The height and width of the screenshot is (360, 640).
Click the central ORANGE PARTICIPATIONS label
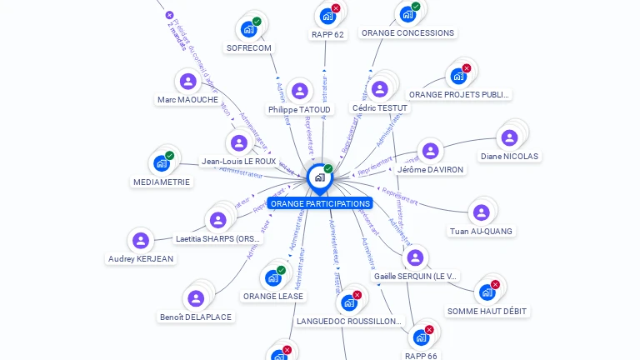320,203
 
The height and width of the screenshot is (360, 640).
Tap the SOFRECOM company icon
248,29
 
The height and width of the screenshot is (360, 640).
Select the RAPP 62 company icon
327,16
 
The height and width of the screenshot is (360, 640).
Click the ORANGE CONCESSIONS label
407,32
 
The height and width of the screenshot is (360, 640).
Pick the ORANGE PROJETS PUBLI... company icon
458,76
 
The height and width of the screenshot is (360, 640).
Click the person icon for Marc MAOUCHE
188,81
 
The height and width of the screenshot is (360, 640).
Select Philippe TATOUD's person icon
300,91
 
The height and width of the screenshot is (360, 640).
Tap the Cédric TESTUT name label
380,108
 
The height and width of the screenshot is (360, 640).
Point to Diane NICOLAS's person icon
508,137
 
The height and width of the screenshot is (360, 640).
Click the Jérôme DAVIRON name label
430,169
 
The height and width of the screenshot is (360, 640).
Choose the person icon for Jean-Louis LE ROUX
239,142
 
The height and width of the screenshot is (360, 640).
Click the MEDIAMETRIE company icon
161,163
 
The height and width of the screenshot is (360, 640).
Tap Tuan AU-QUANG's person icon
481,212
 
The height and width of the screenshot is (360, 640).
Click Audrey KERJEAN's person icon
141,240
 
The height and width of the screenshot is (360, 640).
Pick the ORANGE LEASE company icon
272,277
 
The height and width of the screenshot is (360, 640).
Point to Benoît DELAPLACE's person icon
196,298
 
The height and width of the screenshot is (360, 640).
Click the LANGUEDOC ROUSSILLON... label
349,321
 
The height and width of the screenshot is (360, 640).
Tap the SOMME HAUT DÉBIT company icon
486,292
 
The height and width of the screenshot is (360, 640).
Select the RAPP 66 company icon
421,337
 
